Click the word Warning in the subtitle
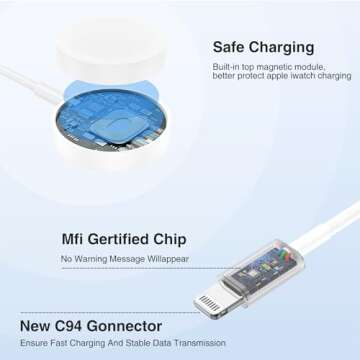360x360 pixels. click(x=97, y=259)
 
